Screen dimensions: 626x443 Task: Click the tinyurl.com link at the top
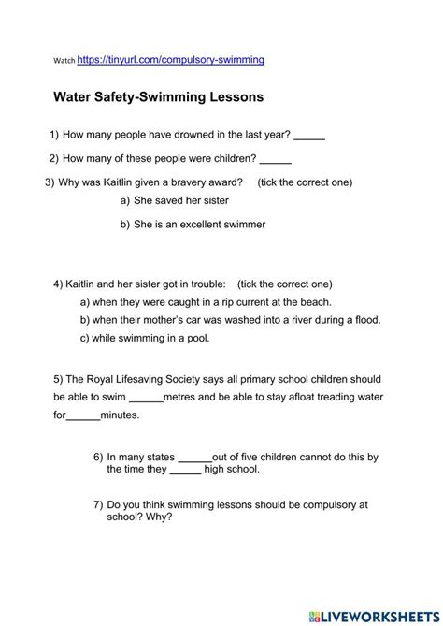171,59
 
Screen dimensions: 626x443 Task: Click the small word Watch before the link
64,61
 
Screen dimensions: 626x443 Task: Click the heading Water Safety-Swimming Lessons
159,95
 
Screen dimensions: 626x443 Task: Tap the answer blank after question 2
275,159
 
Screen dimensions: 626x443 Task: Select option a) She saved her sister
181,200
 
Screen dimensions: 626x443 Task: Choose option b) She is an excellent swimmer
199,225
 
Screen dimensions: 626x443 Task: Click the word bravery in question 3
171,182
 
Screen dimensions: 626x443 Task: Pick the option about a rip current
212,302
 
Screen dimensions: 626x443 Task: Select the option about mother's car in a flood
236,320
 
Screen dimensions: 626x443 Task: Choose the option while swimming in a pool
150,338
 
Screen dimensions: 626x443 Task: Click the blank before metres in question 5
146,398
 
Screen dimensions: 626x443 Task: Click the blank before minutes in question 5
83,416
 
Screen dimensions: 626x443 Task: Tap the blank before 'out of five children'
194,458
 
